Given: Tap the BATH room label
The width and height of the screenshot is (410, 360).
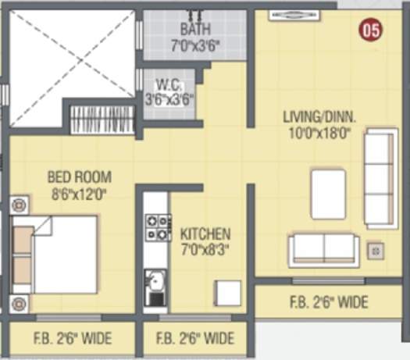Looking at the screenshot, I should click(195, 30).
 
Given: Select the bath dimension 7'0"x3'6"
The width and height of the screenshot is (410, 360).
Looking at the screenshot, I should click(195, 45).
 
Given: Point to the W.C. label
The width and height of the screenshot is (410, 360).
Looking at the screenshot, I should click(168, 84).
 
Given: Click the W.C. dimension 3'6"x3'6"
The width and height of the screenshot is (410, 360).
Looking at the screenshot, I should click(169, 99).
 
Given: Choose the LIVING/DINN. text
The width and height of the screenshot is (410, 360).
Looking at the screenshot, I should click(319, 118).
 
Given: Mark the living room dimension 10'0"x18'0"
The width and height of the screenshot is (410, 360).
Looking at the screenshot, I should click(319, 133).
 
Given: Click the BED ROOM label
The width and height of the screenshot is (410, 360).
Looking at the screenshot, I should click(79, 176).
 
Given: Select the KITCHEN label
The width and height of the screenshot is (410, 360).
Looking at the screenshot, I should click(205, 233).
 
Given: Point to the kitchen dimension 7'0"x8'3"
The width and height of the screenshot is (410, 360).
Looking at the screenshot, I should click(205, 250).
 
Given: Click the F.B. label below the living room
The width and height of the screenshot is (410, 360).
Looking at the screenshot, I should click(330, 301).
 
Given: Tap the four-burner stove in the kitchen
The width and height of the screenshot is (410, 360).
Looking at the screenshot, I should click(158, 227).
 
